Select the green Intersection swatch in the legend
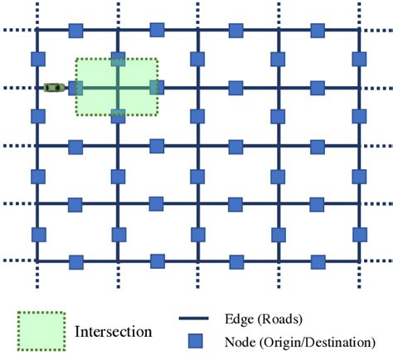point(41,331)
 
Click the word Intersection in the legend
point(114,332)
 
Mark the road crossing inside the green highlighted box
point(117,87)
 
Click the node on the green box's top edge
point(117,60)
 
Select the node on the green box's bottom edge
point(117,115)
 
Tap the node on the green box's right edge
point(155,87)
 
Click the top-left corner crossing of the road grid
point(37,31)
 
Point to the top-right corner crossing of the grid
point(358,31)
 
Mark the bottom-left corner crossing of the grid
point(37,262)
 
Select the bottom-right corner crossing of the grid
point(358,262)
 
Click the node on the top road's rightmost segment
point(318,31)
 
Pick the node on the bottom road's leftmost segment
point(76,262)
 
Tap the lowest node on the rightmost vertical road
point(358,233)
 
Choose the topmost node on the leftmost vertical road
point(37,60)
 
